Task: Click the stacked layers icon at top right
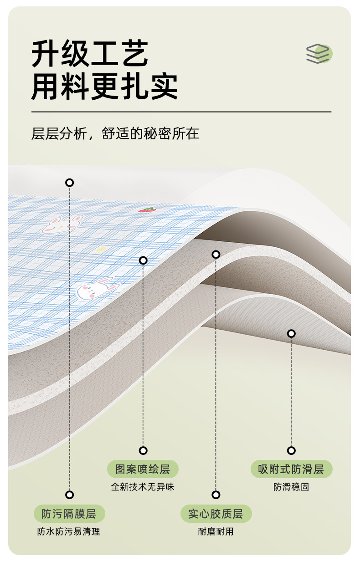click(x=319, y=53)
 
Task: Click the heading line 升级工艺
click(x=90, y=54)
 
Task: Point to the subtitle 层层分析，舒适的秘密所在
click(x=115, y=134)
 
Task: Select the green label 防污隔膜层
click(x=69, y=514)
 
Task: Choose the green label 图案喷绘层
click(x=143, y=469)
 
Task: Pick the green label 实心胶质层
click(x=216, y=514)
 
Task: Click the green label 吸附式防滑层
click(x=291, y=469)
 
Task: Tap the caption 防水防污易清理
click(x=69, y=531)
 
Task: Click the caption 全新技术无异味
click(x=143, y=487)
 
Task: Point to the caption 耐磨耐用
click(x=216, y=531)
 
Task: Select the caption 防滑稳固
click(x=291, y=487)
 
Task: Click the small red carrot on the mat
click(x=146, y=210)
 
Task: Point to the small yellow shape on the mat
click(x=101, y=250)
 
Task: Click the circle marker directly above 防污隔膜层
click(x=69, y=495)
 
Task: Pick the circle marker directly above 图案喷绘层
click(x=143, y=451)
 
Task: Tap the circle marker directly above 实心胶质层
click(x=216, y=495)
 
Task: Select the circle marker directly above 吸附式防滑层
click(x=291, y=451)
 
